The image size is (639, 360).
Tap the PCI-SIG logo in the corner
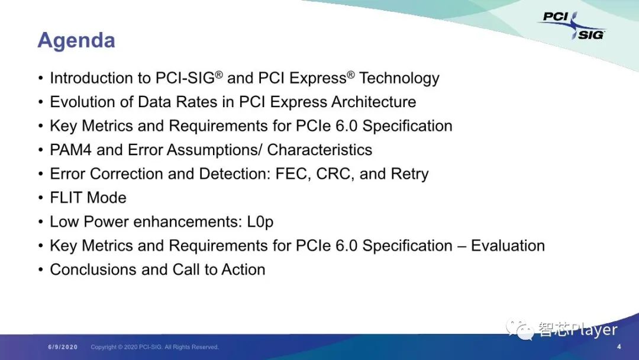pyautogui.click(x=572, y=25)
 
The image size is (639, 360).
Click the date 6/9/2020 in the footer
pyautogui.click(x=63, y=347)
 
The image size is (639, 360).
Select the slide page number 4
pyautogui.click(x=619, y=346)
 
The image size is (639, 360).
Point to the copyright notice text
pyautogui.click(x=154, y=347)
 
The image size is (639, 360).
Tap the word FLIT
pyautogui.click(x=66, y=198)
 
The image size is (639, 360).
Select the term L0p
pyautogui.click(x=260, y=222)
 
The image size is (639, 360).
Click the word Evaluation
pyautogui.click(x=508, y=246)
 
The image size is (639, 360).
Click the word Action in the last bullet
pyautogui.click(x=243, y=269)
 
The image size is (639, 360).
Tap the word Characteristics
pyautogui.click(x=319, y=150)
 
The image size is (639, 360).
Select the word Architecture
pyautogui.click(x=374, y=102)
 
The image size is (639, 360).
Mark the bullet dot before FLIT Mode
pyautogui.click(x=41, y=198)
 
